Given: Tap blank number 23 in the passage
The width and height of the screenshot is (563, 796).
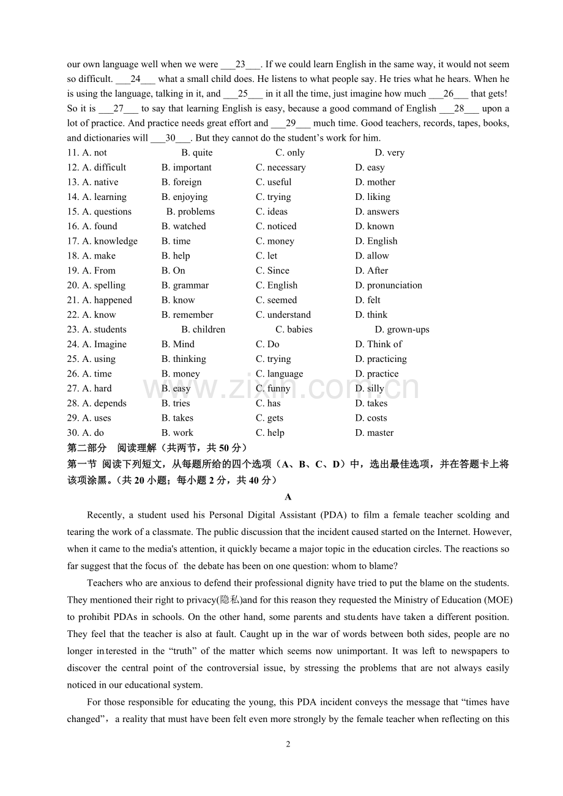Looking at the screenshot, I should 240,64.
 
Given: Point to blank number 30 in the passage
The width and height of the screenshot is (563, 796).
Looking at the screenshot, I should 170,138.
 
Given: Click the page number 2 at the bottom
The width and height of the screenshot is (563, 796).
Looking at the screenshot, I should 288,744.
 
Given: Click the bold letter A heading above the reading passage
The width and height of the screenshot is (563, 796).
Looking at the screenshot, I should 288,497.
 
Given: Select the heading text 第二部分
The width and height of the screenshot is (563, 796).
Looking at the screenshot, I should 86,448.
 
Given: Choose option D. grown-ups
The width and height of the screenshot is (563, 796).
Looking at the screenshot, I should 402,330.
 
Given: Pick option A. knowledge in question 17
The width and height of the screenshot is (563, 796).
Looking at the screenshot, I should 110,241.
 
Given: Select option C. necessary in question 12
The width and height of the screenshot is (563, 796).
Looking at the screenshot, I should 280,168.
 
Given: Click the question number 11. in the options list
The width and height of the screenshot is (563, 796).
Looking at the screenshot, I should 73,153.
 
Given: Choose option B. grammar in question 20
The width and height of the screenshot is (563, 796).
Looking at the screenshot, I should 185,286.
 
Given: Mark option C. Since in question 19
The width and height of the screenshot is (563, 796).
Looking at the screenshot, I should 272,271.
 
